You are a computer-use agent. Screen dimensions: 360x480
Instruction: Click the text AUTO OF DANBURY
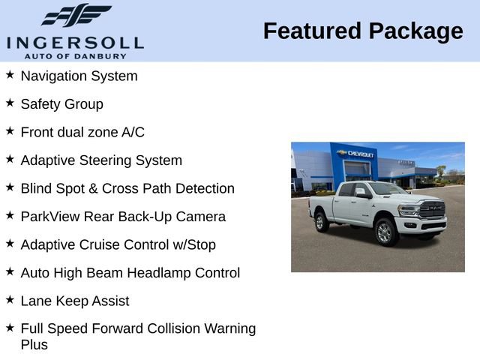tap(74, 55)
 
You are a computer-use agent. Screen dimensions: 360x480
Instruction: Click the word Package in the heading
tap(415, 31)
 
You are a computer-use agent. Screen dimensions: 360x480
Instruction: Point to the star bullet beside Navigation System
tap(10, 75)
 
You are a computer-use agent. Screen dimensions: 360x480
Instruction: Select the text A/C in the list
tap(133, 132)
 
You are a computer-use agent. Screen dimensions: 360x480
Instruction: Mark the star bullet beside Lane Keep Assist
tap(10, 300)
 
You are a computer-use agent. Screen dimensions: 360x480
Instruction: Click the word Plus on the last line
tap(34, 345)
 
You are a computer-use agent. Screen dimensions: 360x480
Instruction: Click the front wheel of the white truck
tap(385, 232)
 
